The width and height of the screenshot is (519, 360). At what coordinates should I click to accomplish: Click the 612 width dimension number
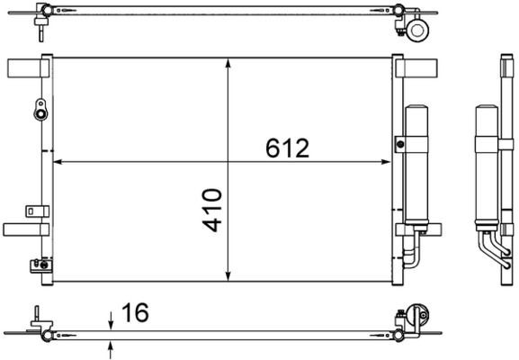[287, 148]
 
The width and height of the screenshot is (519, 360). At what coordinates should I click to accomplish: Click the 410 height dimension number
[212, 209]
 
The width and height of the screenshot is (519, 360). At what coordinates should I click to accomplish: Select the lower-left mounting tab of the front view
[22, 229]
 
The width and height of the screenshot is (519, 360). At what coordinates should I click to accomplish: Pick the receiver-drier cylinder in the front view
[417, 166]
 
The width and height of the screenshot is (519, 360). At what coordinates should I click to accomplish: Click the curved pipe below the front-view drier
[411, 252]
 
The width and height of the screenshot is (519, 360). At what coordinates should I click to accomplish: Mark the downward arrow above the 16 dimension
[111, 319]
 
